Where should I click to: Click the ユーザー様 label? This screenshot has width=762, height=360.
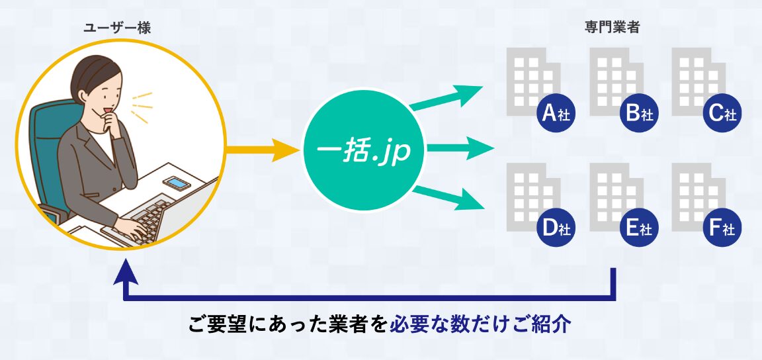click(117, 28)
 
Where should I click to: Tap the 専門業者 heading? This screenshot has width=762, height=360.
click(612, 27)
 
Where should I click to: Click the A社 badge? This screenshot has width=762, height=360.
click(556, 113)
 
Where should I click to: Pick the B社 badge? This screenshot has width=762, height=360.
click(639, 113)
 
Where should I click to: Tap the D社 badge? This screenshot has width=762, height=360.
click(556, 228)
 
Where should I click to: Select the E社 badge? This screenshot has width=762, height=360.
click(639, 228)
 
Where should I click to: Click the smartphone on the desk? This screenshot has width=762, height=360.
click(177, 183)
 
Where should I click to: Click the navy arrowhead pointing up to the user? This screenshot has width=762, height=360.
click(126, 271)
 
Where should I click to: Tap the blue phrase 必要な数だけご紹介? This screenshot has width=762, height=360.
click(480, 325)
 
